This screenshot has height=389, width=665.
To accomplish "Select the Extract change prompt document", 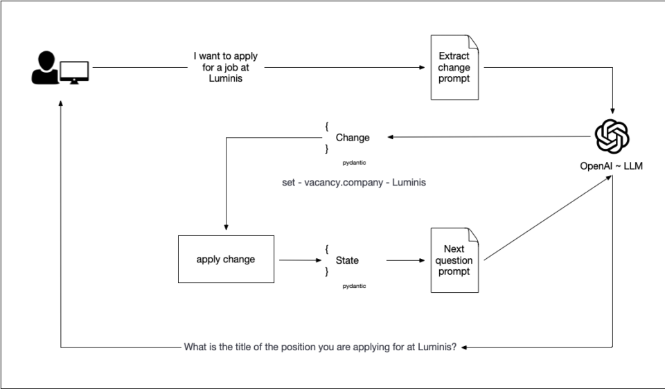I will click(x=454, y=67).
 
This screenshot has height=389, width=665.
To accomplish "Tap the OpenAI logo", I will click(x=612, y=135).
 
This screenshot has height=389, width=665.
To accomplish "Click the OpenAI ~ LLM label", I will click(x=612, y=166).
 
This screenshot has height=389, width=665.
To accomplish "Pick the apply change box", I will click(x=226, y=260).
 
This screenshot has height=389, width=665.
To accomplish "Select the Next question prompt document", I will click(x=454, y=260).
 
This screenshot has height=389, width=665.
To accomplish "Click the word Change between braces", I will click(x=353, y=138).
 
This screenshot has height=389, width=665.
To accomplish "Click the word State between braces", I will click(x=347, y=261).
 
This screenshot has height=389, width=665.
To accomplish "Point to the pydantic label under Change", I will click(x=354, y=163).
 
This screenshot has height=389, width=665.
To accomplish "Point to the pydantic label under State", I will click(x=354, y=286).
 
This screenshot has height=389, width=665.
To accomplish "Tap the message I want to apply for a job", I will click(x=226, y=68).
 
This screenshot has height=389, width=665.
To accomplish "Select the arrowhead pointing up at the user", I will click(x=61, y=102).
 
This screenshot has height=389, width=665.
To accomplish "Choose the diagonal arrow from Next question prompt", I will click(x=547, y=218).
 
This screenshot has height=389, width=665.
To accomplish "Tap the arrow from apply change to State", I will click(x=298, y=261).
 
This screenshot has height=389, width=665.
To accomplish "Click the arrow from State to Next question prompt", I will click(x=405, y=261).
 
